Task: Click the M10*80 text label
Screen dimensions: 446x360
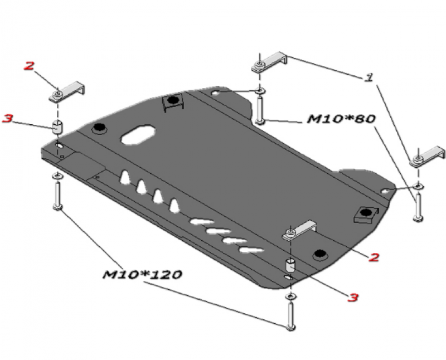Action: pyautogui.click(x=341, y=119)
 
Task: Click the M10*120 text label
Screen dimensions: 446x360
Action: pyautogui.click(x=142, y=274)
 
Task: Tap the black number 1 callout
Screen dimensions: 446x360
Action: pyautogui.click(x=369, y=77)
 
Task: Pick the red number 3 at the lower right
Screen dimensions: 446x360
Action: pyautogui.click(x=352, y=298)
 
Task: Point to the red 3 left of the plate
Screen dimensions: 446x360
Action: pyautogui.click(x=7, y=118)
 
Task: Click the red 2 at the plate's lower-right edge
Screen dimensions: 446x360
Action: pyautogui.click(x=374, y=257)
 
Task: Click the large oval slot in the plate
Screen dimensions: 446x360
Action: pyautogui.click(x=138, y=134)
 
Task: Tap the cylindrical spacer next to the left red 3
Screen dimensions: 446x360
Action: pyautogui.click(x=57, y=128)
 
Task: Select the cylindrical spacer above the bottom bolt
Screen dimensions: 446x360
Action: pyautogui.click(x=290, y=265)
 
